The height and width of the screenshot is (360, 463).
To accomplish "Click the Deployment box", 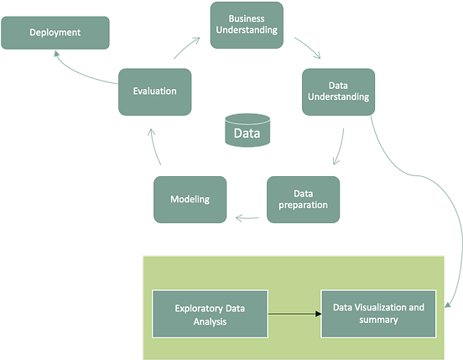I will (55, 33).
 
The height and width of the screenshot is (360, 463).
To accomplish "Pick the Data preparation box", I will (303, 198).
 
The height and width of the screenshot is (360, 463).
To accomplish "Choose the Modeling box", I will (190, 199).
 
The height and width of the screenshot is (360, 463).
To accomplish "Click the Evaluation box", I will (153, 91).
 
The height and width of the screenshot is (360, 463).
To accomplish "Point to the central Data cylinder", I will (247, 132).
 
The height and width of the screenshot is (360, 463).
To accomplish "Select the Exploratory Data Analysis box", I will (210, 313).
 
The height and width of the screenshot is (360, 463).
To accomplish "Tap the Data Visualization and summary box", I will (378, 313).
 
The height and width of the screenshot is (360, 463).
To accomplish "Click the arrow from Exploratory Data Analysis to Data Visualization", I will (294, 314).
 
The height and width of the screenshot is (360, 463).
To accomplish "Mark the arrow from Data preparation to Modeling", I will (246, 218).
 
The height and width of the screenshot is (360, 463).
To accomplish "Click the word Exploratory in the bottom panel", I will (198, 307).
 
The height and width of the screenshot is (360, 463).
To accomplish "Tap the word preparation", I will (303, 205).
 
